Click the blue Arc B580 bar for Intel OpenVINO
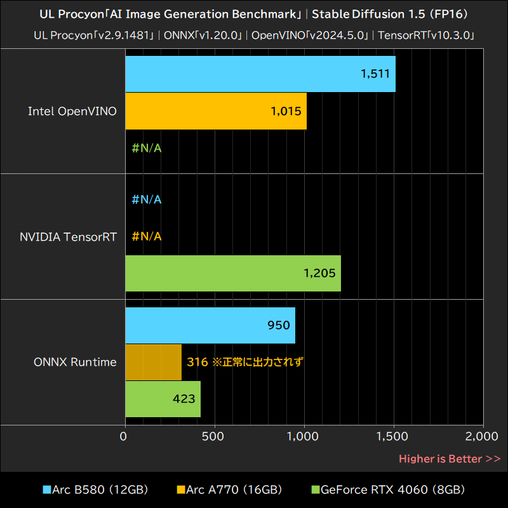tap(260, 74)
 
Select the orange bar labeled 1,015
tap(216, 111)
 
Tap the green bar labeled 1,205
tap(232, 273)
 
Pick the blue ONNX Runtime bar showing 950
tap(210, 325)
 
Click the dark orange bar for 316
tap(153, 362)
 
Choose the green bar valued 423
tap(163, 399)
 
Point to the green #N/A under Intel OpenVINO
tap(147, 149)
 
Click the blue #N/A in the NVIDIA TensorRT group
tap(147, 199)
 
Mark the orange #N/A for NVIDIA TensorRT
tap(147, 236)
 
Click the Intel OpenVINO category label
tap(72, 111)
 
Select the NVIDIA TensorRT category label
tap(68, 237)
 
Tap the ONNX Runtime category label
tap(75, 362)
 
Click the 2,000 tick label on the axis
tap(483, 436)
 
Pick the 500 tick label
tap(215, 436)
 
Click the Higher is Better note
tap(449, 458)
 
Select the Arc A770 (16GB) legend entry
tap(229, 490)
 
